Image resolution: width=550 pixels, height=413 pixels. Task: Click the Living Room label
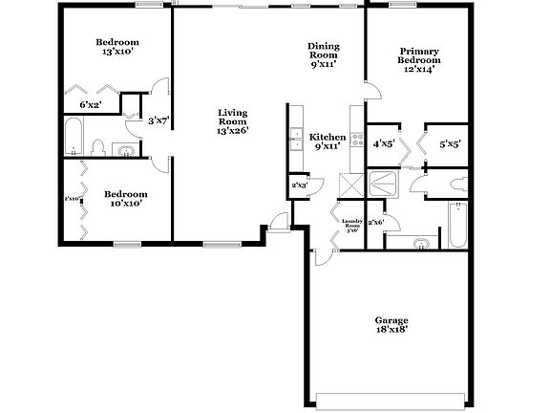tap(232, 121)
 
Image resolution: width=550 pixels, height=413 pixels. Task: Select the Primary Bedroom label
tap(418, 60)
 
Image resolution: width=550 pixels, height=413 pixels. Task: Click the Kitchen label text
tap(328, 141)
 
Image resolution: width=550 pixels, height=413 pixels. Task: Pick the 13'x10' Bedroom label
tap(117, 48)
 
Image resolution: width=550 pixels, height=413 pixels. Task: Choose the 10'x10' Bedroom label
tap(124, 197)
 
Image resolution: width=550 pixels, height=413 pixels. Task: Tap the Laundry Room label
tap(350, 226)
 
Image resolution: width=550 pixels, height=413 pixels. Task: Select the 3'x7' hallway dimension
tap(158, 120)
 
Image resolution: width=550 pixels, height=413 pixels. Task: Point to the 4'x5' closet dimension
tap(384, 144)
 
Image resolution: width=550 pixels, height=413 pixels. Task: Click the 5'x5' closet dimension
tap(450, 144)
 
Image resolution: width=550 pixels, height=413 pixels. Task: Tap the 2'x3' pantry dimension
tap(299, 185)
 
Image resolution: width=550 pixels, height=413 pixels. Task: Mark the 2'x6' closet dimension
tap(375, 223)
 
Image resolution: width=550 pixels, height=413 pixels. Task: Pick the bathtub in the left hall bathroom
tap(74, 138)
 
